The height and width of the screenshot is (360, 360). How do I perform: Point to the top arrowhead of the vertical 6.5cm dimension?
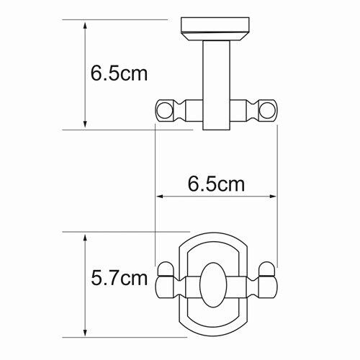coord(86,24)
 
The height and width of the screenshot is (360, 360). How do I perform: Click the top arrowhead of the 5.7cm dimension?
coord(86,237)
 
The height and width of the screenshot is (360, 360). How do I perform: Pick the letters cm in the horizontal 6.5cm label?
coord(231,184)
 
